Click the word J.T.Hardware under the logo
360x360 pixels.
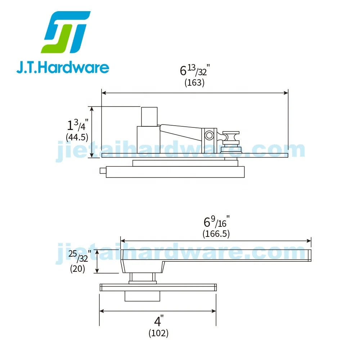(63, 67)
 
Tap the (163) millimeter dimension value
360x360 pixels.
(194, 83)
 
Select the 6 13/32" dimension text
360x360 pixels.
(194, 70)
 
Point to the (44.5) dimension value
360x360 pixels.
(77, 137)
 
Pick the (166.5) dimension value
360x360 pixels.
(216, 234)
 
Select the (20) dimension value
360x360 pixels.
(77, 269)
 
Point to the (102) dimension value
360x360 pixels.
(158, 333)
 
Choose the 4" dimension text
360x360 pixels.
(158, 321)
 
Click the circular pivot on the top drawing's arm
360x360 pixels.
(209, 135)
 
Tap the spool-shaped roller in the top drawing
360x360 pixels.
(231, 137)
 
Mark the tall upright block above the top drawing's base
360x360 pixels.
(149, 116)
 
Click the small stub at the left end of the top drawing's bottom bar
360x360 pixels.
(103, 170)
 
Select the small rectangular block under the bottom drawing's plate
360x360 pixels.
(142, 296)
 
